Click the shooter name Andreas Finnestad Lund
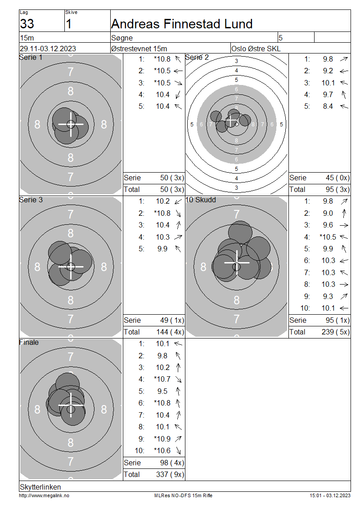182,24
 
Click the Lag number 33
27,24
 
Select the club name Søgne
122,38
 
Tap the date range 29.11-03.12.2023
48,49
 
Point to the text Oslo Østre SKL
256,49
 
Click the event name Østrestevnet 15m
139,49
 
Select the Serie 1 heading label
31,58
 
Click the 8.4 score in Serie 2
328,106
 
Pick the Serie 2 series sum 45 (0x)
337,178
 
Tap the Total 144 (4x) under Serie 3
170,332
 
